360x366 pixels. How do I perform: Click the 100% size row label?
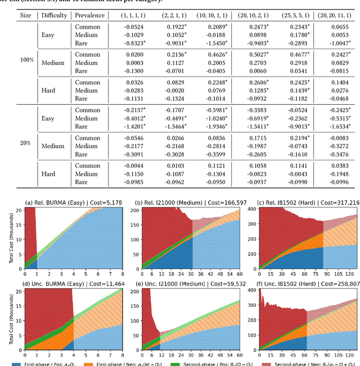26,59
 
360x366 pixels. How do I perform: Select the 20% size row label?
26,143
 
